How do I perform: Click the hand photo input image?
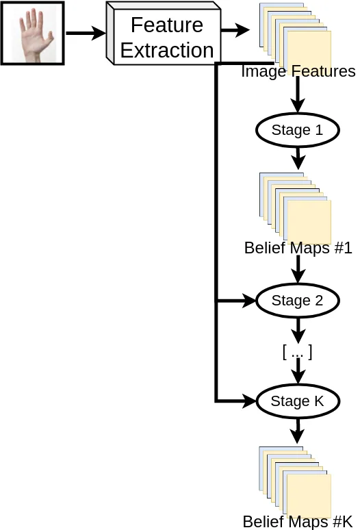(32, 33)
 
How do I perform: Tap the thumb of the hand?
(50, 37)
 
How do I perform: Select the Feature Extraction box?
(164, 33)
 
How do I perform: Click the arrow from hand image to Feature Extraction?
(86, 33)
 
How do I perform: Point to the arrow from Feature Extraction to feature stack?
(235, 30)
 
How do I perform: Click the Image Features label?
(298, 72)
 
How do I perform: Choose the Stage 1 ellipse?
(298, 130)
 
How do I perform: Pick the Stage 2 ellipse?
(298, 301)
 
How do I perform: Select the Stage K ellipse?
(298, 401)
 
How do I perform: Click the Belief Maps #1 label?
(298, 248)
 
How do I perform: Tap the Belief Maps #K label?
(298, 522)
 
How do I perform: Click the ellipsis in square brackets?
(297, 352)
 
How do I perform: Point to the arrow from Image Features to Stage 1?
(298, 94)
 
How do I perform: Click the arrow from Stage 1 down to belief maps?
(298, 158)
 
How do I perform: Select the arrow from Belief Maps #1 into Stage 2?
(298, 269)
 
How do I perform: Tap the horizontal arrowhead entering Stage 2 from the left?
(249, 301)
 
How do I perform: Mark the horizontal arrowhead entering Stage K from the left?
(249, 401)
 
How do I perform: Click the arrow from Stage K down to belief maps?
(297, 431)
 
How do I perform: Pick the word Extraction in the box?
(167, 51)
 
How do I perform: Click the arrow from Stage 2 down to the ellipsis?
(298, 331)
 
